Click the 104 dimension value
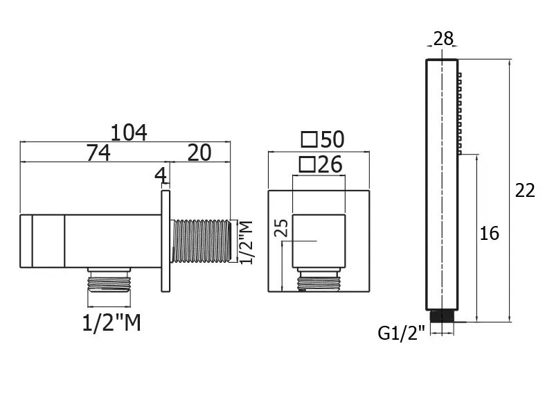129,132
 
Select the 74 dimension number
98,153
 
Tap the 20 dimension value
199,153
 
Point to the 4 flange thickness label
161,175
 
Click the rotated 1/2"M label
247,242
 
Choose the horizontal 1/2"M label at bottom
111,322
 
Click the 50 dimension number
332,139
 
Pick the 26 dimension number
330,164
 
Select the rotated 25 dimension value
282,228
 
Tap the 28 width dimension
443,38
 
